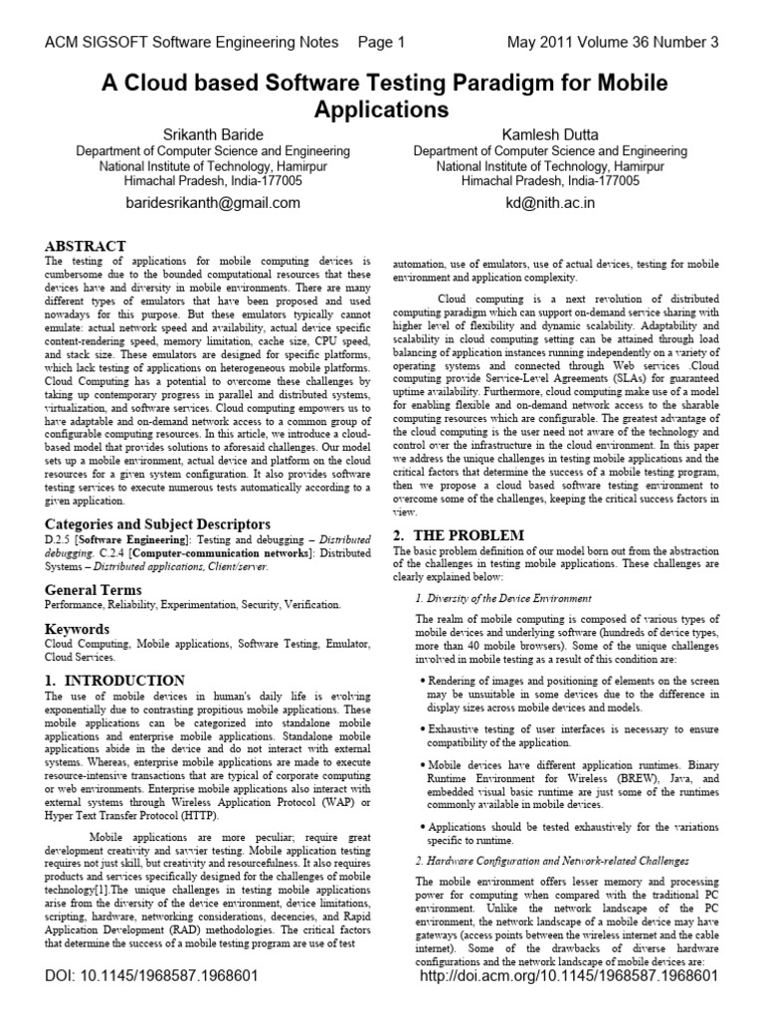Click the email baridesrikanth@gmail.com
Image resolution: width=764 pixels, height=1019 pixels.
click(x=214, y=203)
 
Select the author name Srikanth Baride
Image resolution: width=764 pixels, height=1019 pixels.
click(x=214, y=133)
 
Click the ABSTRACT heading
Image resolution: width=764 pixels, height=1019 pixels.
click(x=86, y=246)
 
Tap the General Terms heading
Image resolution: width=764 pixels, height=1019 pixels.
click(x=95, y=590)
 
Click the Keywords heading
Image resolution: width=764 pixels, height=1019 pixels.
click(x=79, y=629)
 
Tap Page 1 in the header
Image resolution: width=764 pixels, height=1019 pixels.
click(x=381, y=42)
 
